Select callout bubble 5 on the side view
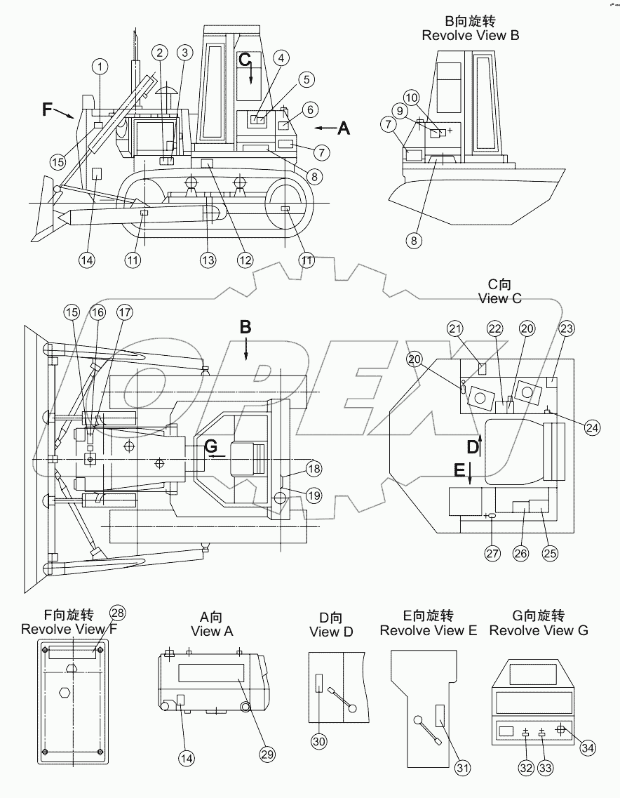pos(305,79)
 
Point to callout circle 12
pos(244,260)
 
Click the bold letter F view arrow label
pos(48,109)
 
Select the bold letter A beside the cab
pos(343,128)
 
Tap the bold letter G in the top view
pos(210,446)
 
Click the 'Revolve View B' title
pos(470,35)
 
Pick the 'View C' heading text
pos(499,298)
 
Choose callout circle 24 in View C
pos(593,427)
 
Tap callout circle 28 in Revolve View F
pos(118,613)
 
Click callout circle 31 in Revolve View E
pos(462,769)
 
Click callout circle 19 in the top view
pos(313,496)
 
